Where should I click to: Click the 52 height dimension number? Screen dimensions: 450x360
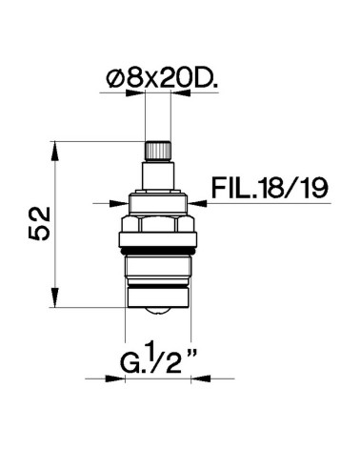pyautogui.click(x=35, y=225)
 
